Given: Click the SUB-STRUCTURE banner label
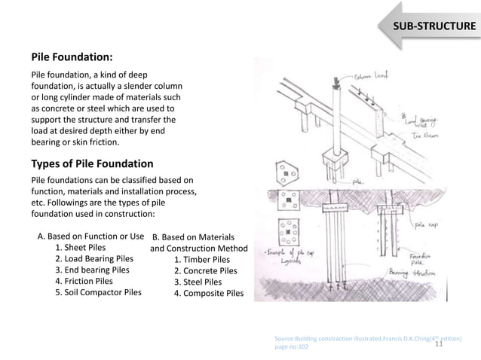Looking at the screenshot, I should point(432,27).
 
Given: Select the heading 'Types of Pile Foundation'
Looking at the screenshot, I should point(92,163).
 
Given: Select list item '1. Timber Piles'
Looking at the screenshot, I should point(201,260).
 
